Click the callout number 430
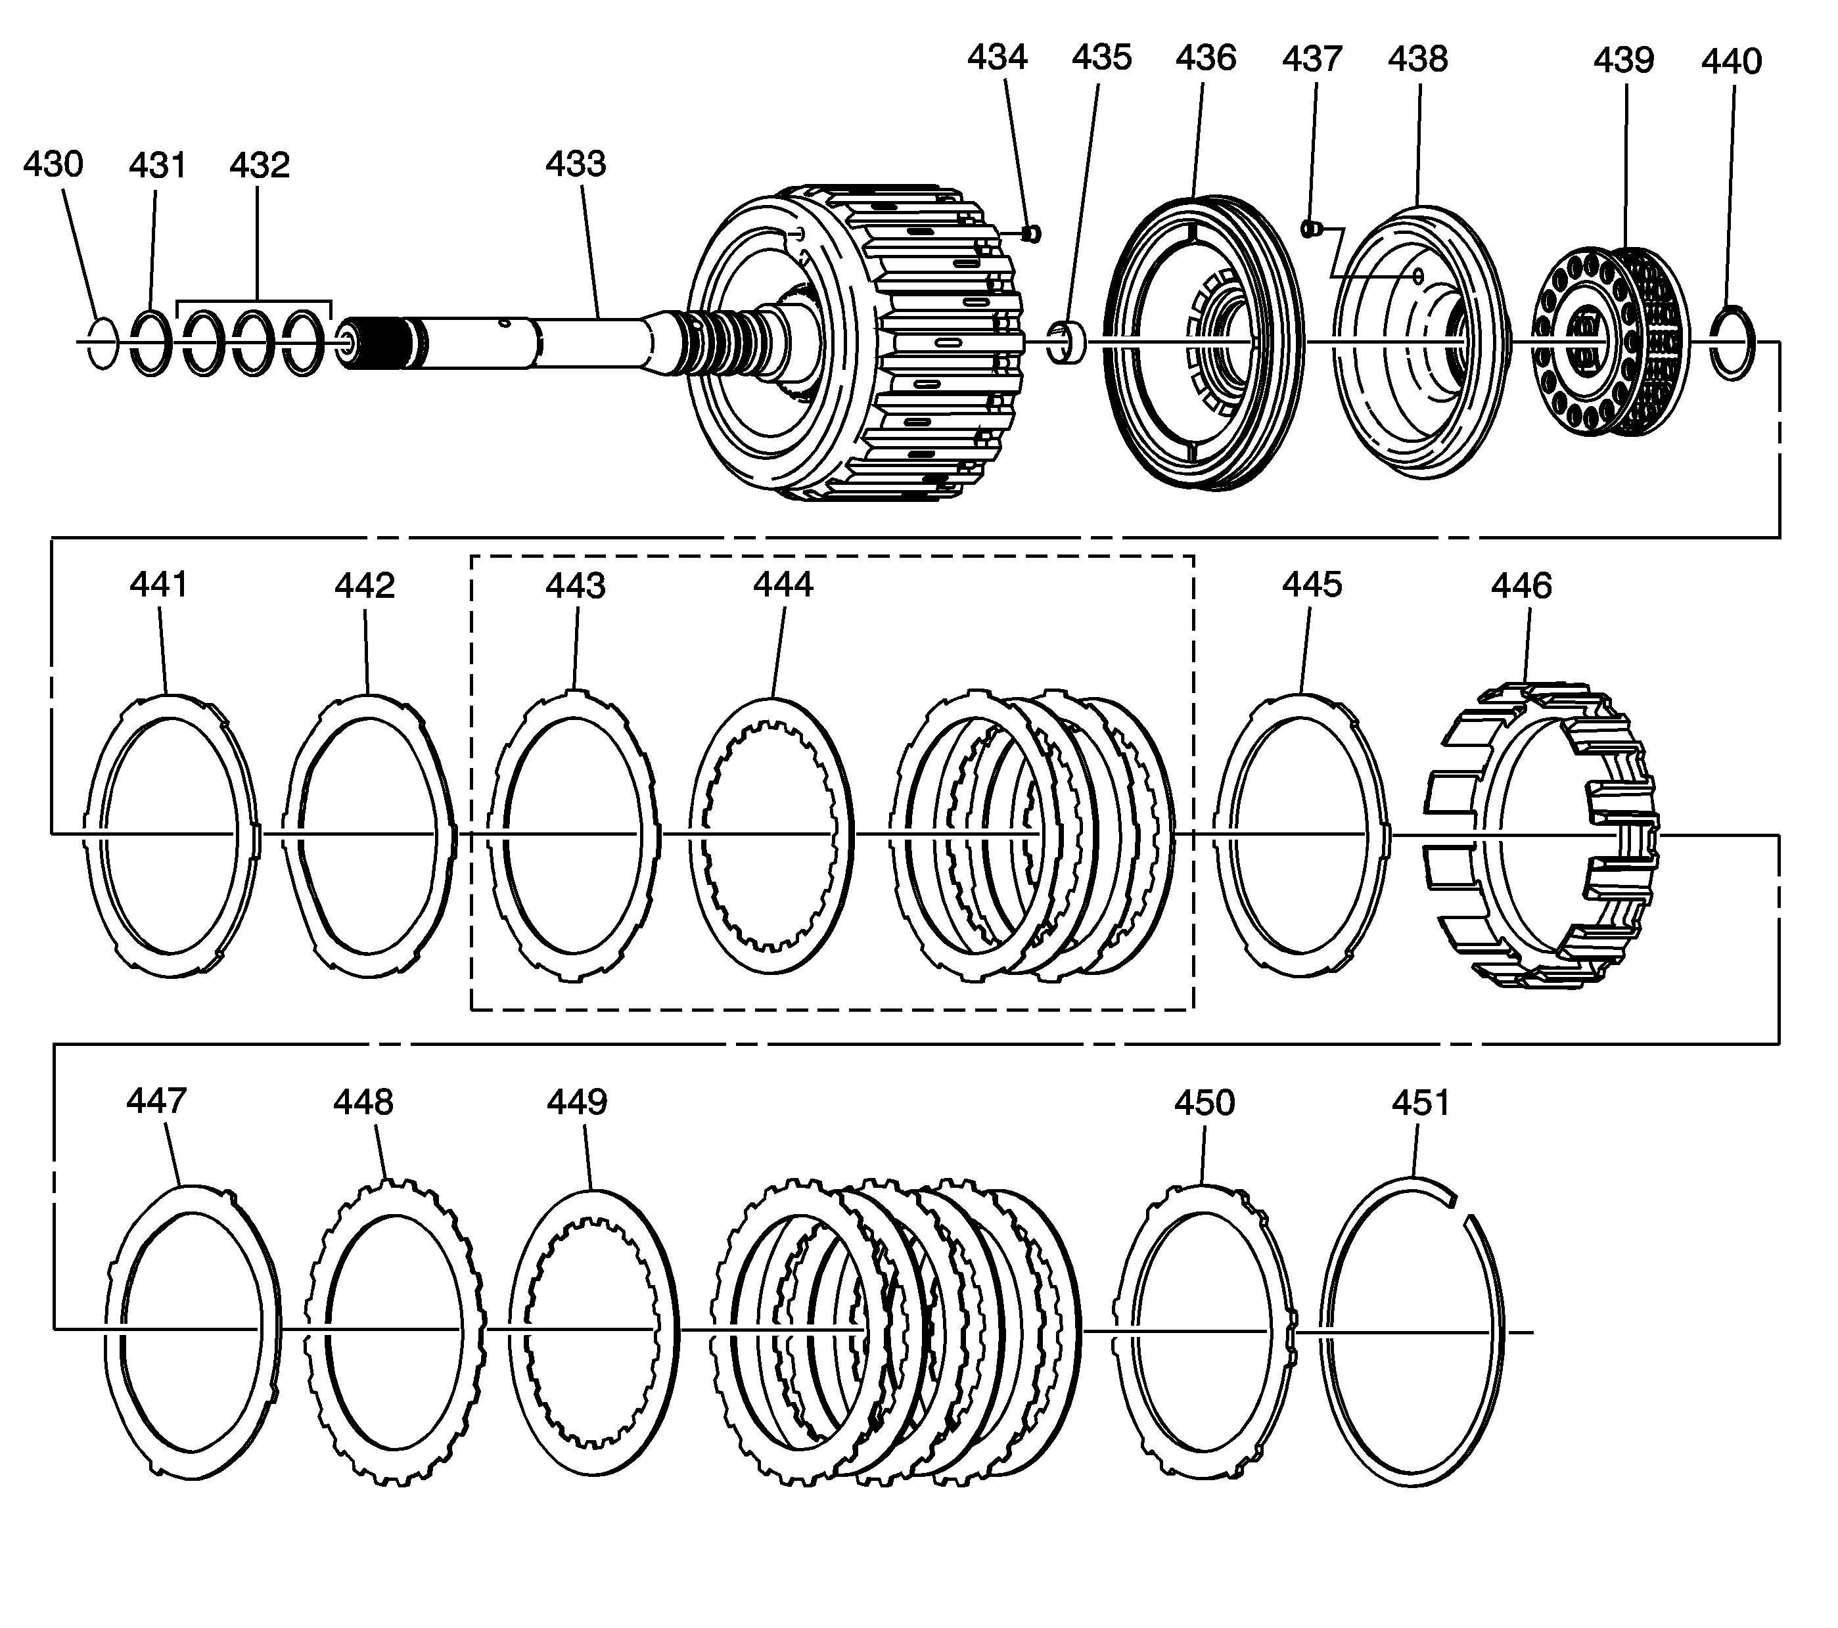click(x=53, y=164)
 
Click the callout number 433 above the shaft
click(x=576, y=164)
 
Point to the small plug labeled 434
click(x=1032, y=234)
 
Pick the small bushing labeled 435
click(x=1067, y=344)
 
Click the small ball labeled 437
click(x=1309, y=229)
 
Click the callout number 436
click(x=1206, y=58)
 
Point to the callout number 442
click(x=365, y=586)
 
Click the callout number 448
click(x=363, y=1102)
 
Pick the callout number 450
click(x=1204, y=1102)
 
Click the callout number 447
click(x=156, y=1101)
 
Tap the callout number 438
click(x=1417, y=59)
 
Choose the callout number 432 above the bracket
click(x=260, y=166)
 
